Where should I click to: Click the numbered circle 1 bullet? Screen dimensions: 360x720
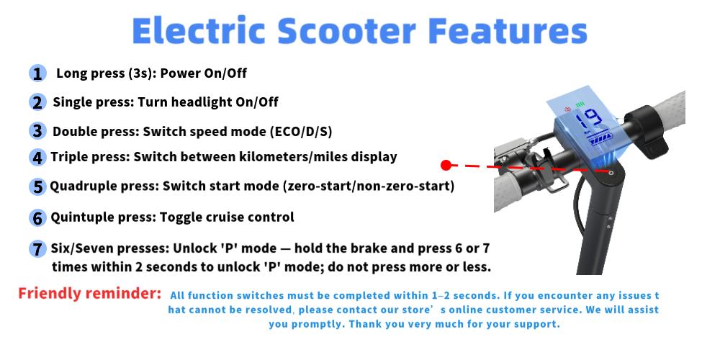click(37, 73)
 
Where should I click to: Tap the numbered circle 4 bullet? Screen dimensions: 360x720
click(37, 157)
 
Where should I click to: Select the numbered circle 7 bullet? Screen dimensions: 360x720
click(37, 249)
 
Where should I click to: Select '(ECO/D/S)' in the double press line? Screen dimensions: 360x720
click(301, 132)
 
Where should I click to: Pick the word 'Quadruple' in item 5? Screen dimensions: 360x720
click(78, 186)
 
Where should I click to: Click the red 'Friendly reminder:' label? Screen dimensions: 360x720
click(89, 294)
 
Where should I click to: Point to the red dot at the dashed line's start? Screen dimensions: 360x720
click(446, 165)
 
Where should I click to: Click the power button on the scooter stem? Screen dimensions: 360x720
click(611, 174)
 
